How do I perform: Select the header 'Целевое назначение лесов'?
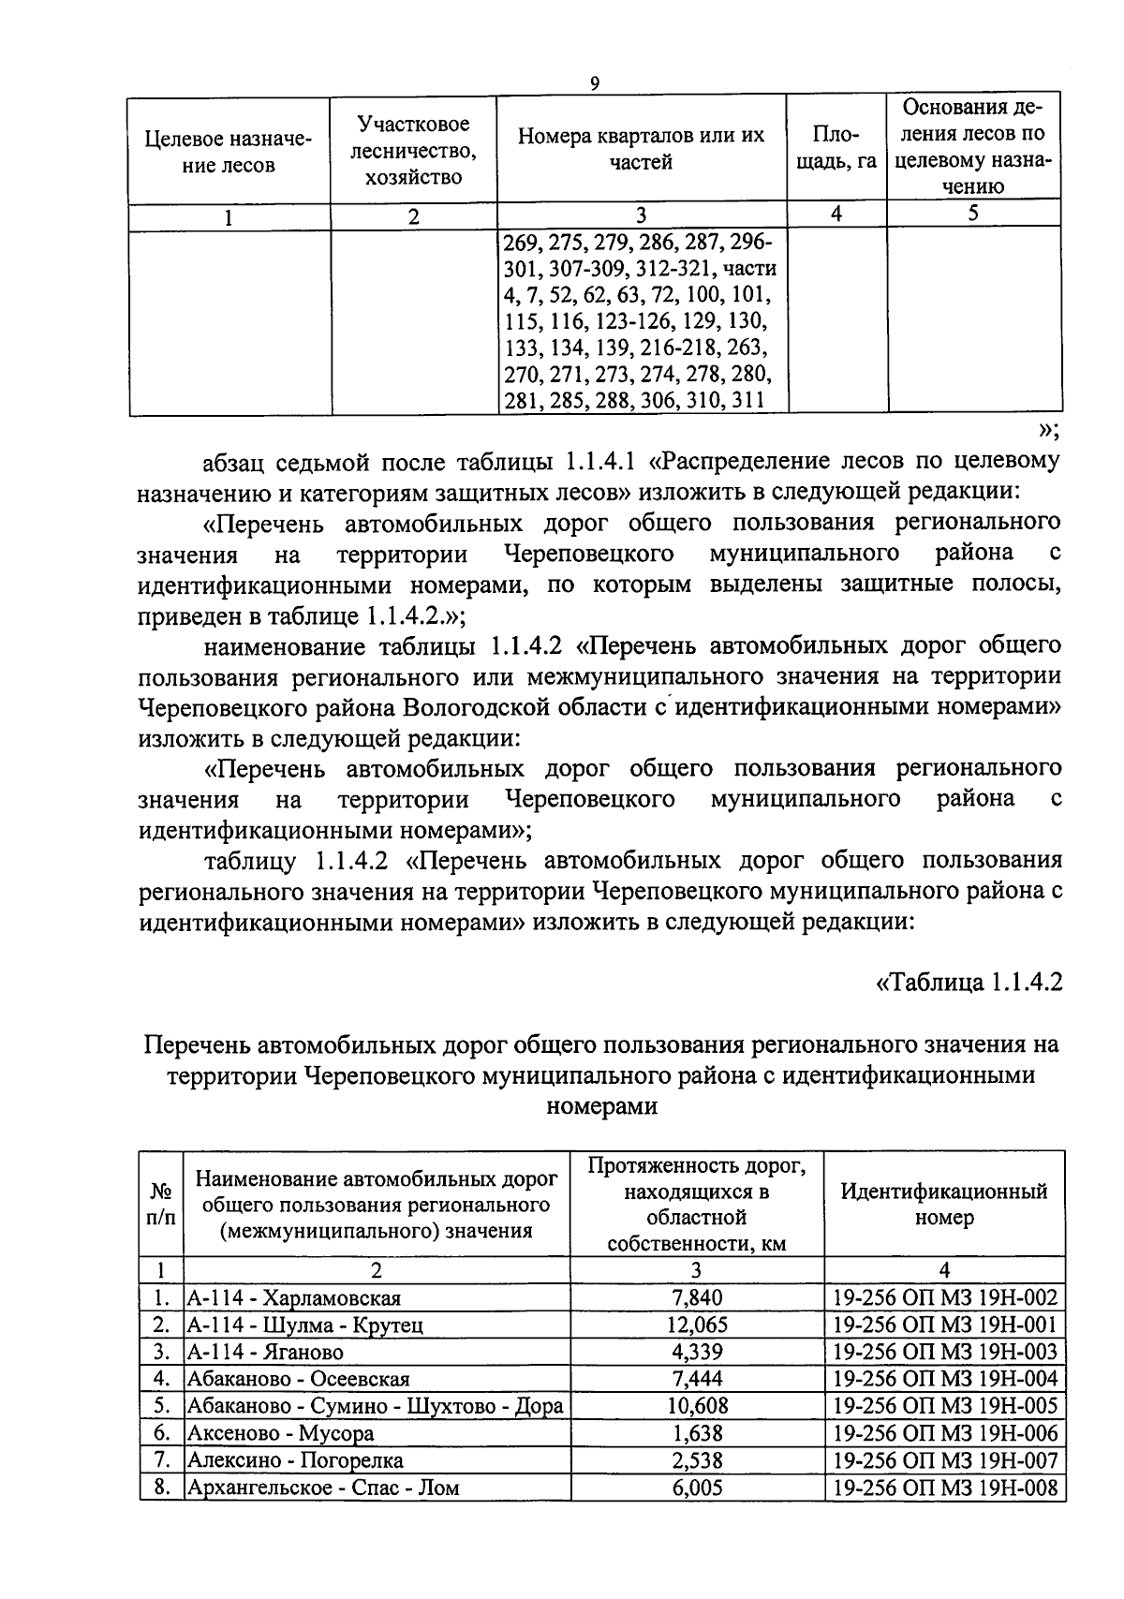(229, 153)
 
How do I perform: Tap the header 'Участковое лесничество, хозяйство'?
(413, 150)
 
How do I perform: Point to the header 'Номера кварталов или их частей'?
(642, 148)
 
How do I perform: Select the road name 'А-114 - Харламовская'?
(294, 1297)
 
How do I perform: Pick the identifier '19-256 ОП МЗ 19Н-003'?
(944, 1352)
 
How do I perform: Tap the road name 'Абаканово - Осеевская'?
(299, 1379)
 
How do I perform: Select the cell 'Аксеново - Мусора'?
(281, 1433)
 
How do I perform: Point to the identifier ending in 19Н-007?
(944, 1460)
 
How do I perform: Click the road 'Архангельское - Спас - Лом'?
(324, 1488)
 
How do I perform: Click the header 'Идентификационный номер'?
(943, 1205)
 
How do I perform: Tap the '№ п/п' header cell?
(161, 1205)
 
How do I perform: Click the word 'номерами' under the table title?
(600, 1106)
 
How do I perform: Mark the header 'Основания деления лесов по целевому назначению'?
(973, 145)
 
